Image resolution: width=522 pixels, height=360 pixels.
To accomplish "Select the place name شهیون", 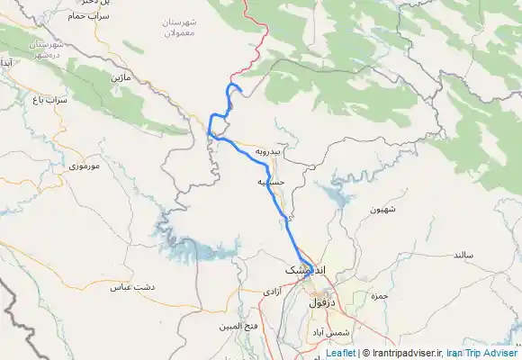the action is pyautogui.click(x=383, y=209).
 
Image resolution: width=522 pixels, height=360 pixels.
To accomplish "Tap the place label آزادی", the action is pyautogui.click(x=273, y=293).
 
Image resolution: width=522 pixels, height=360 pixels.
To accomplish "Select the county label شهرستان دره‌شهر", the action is pyautogui.click(x=45, y=49).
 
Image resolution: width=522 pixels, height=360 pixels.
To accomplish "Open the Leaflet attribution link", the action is pyautogui.click(x=339, y=354).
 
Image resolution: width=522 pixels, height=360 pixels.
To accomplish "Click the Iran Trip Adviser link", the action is pyautogui.click(x=482, y=354).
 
